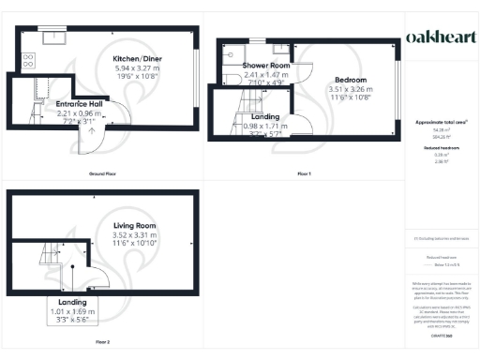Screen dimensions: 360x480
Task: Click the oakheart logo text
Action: point(440,37)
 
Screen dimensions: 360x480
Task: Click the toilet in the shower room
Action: point(254,45)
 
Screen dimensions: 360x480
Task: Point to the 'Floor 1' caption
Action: point(304,175)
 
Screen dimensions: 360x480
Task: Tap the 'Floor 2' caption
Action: point(101,342)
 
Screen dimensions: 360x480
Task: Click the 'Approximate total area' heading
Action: point(440,123)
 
